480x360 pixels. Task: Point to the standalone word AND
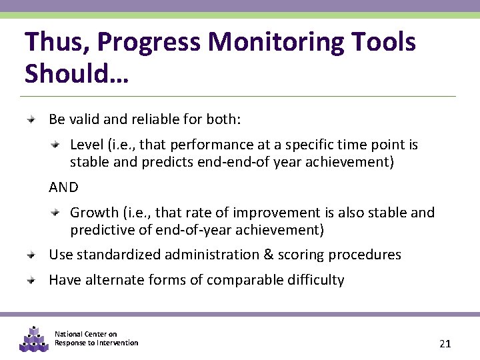click(63, 187)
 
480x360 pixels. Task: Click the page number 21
click(445, 344)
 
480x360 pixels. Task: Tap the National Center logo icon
click(34, 339)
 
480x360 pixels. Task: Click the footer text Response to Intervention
click(96, 343)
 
